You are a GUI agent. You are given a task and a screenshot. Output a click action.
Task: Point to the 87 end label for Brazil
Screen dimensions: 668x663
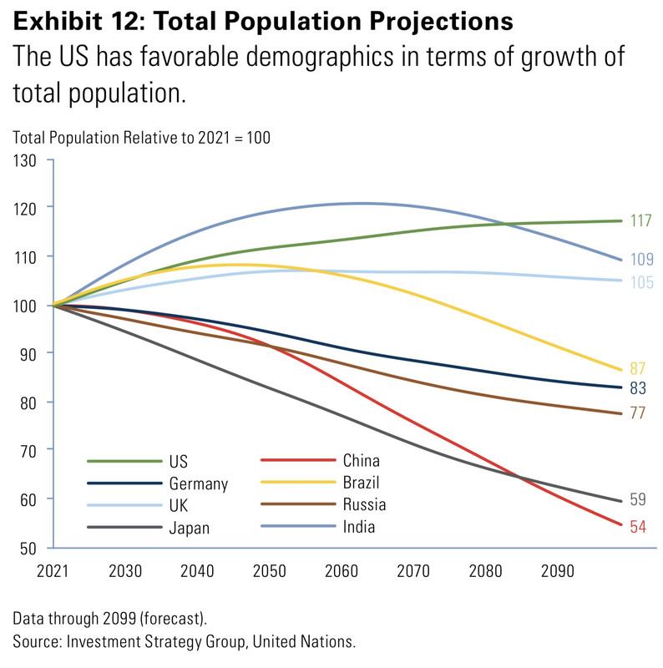click(637, 369)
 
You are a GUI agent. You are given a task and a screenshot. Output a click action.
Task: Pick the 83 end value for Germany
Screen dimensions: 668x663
click(637, 388)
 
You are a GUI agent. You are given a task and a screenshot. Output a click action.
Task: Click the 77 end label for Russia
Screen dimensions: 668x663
click(637, 413)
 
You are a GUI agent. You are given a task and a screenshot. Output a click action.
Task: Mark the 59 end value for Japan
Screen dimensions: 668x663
click(637, 500)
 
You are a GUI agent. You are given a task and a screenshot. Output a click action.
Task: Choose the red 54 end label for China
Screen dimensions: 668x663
click(637, 527)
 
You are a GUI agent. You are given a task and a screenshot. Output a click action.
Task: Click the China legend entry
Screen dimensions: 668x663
click(360, 461)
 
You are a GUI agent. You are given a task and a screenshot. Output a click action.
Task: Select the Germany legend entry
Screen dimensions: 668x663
click(198, 483)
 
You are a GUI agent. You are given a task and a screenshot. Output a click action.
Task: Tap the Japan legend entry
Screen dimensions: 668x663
click(189, 527)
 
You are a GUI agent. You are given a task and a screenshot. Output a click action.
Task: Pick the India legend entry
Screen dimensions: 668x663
click(358, 526)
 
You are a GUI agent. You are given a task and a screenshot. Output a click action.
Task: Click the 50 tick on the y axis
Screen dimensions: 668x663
click(30, 548)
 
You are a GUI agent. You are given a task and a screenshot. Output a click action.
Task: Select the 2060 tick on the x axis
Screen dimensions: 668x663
click(342, 572)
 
